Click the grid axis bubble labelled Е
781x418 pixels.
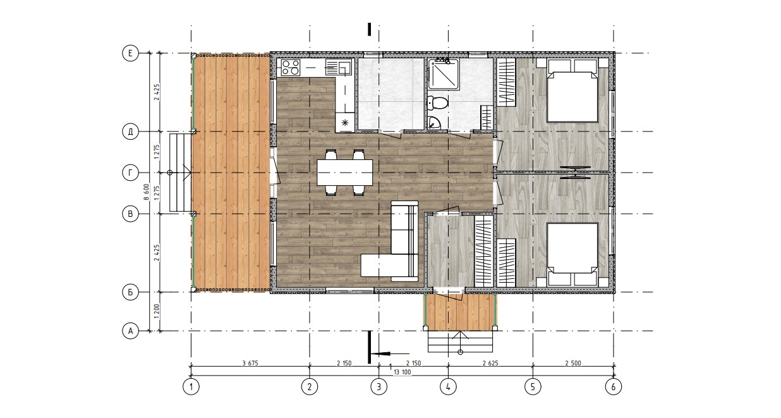130,53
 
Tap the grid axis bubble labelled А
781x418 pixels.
130,331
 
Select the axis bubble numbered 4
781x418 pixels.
448,386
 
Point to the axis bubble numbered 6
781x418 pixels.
614,386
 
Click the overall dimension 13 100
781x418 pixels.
402,372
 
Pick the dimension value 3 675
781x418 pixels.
250,363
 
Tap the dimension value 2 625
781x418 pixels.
490,363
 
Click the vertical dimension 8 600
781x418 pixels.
147,192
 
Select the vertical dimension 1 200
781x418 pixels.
157,311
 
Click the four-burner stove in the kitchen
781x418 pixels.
291,67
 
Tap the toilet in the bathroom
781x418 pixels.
438,103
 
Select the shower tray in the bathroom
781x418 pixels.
443,74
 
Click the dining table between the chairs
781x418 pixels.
344,173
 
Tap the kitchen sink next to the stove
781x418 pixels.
339,67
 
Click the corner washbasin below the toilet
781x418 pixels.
433,123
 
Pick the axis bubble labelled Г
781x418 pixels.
130,173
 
